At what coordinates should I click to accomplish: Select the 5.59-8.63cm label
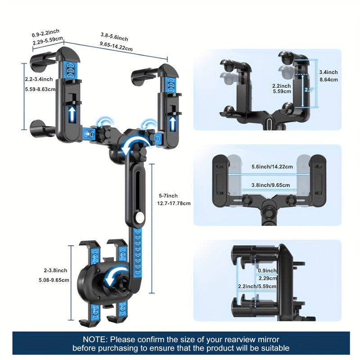(x=40, y=89)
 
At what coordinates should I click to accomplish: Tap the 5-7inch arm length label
(x=168, y=195)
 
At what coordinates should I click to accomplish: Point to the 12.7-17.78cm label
(x=174, y=203)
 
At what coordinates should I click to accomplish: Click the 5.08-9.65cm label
(x=54, y=279)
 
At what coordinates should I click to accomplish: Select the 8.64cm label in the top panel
(x=328, y=80)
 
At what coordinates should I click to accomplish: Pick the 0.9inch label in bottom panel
(x=268, y=271)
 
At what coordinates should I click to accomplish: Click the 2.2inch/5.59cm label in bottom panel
(x=258, y=286)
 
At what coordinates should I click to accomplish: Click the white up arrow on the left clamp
(x=72, y=113)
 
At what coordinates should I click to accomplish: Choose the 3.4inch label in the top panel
(x=328, y=72)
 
